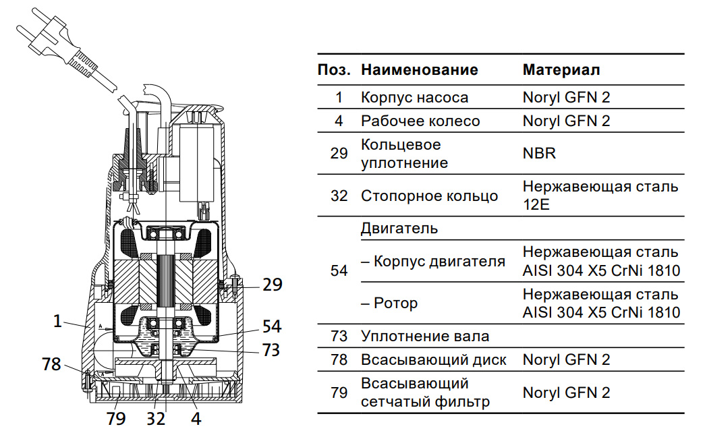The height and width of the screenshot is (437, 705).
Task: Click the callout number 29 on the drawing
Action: (273, 285)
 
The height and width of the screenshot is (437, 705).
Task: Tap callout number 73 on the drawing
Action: (271, 350)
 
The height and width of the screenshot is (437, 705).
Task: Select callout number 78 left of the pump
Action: (51, 365)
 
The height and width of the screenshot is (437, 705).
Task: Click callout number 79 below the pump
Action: (116, 419)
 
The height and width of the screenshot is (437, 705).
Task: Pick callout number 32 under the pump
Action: (157, 419)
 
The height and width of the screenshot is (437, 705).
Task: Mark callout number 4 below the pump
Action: (196, 418)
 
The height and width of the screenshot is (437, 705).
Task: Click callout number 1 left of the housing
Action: (58, 322)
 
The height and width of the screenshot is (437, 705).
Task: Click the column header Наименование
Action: (420, 69)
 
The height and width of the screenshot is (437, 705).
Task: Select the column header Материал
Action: (561, 69)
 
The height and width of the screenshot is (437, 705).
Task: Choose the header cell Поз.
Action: (334, 69)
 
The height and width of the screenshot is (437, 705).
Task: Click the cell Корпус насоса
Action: (414, 97)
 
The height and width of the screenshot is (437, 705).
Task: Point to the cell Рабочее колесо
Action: (420, 121)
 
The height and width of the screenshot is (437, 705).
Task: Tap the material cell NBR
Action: (539, 153)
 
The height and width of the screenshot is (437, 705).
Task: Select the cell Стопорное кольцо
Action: (429, 196)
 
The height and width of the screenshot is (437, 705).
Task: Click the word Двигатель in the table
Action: (399, 228)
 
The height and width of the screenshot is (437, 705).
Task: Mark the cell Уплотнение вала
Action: (425, 336)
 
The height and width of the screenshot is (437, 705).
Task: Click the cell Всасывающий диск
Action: (433, 359)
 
